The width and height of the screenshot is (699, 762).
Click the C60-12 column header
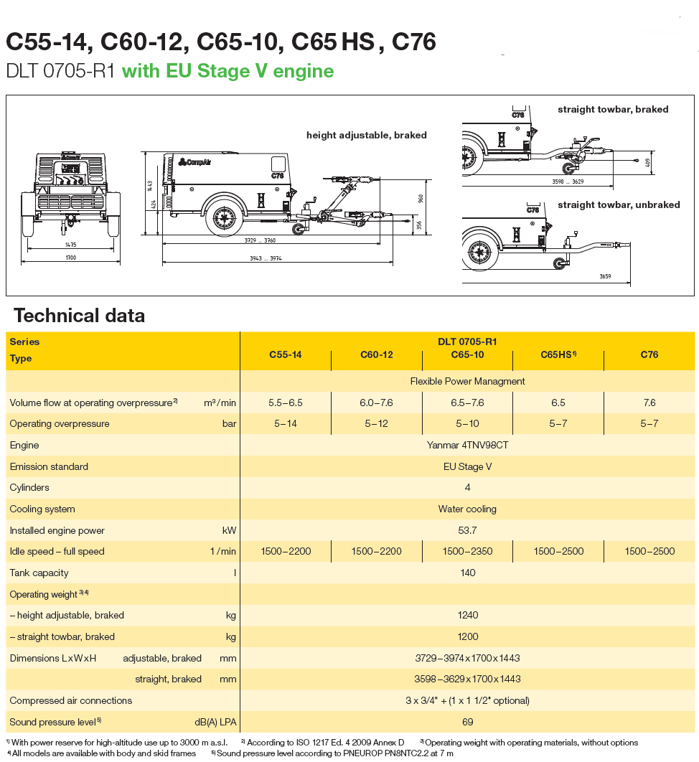click(376, 354)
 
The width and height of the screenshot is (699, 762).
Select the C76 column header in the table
click(649, 354)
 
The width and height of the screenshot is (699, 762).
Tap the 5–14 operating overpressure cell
click(285, 423)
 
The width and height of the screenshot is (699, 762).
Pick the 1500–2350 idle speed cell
click(467, 551)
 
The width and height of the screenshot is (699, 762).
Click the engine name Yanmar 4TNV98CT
click(467, 445)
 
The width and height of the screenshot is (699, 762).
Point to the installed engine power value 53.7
click(467, 530)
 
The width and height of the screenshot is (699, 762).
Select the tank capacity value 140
click(467, 573)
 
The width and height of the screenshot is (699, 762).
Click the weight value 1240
click(467, 615)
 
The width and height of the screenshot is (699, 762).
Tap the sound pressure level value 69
click(467, 721)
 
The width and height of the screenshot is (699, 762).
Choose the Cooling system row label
click(42, 509)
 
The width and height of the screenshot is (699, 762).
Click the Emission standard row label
click(49, 466)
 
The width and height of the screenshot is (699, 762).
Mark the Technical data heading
click(79, 316)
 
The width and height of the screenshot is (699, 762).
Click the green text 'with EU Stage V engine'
click(227, 71)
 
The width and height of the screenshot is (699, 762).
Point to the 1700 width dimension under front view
click(70, 257)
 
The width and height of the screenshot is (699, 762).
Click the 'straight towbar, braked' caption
click(613, 110)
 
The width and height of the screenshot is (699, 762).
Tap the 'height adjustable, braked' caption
click(366, 135)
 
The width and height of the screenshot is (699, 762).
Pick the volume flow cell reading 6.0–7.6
click(376, 403)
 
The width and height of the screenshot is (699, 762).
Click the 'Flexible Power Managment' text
click(467, 381)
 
